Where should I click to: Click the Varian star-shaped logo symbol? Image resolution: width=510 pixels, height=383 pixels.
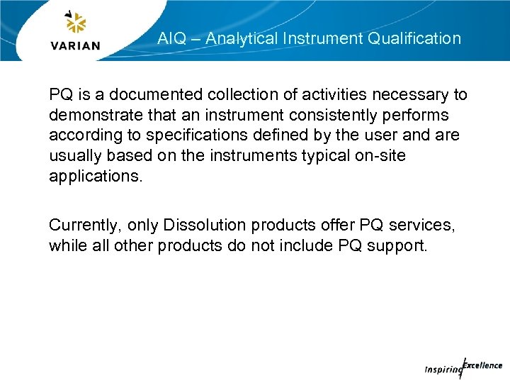pos(75,24)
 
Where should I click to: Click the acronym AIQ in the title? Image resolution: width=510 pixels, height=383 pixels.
pos(171,39)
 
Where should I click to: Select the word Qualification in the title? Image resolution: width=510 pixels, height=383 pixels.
pos(414,39)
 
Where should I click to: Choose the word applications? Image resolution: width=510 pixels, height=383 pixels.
pos(96,176)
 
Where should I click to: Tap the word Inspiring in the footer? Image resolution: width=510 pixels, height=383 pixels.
pos(441,370)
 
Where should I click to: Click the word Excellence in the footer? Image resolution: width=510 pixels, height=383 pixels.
pos(484,365)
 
